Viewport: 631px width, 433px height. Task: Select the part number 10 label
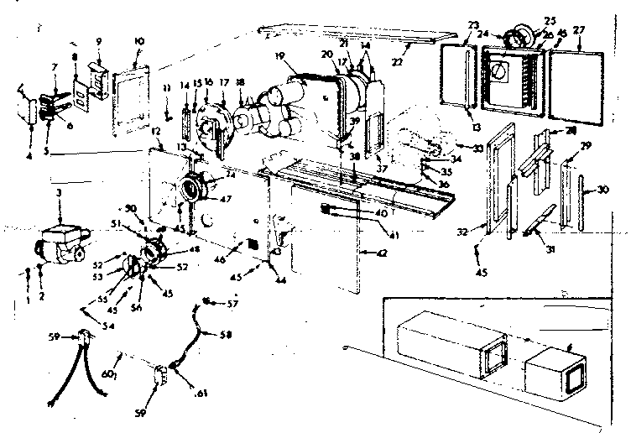coord(138,41)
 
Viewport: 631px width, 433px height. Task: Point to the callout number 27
coord(580,30)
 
